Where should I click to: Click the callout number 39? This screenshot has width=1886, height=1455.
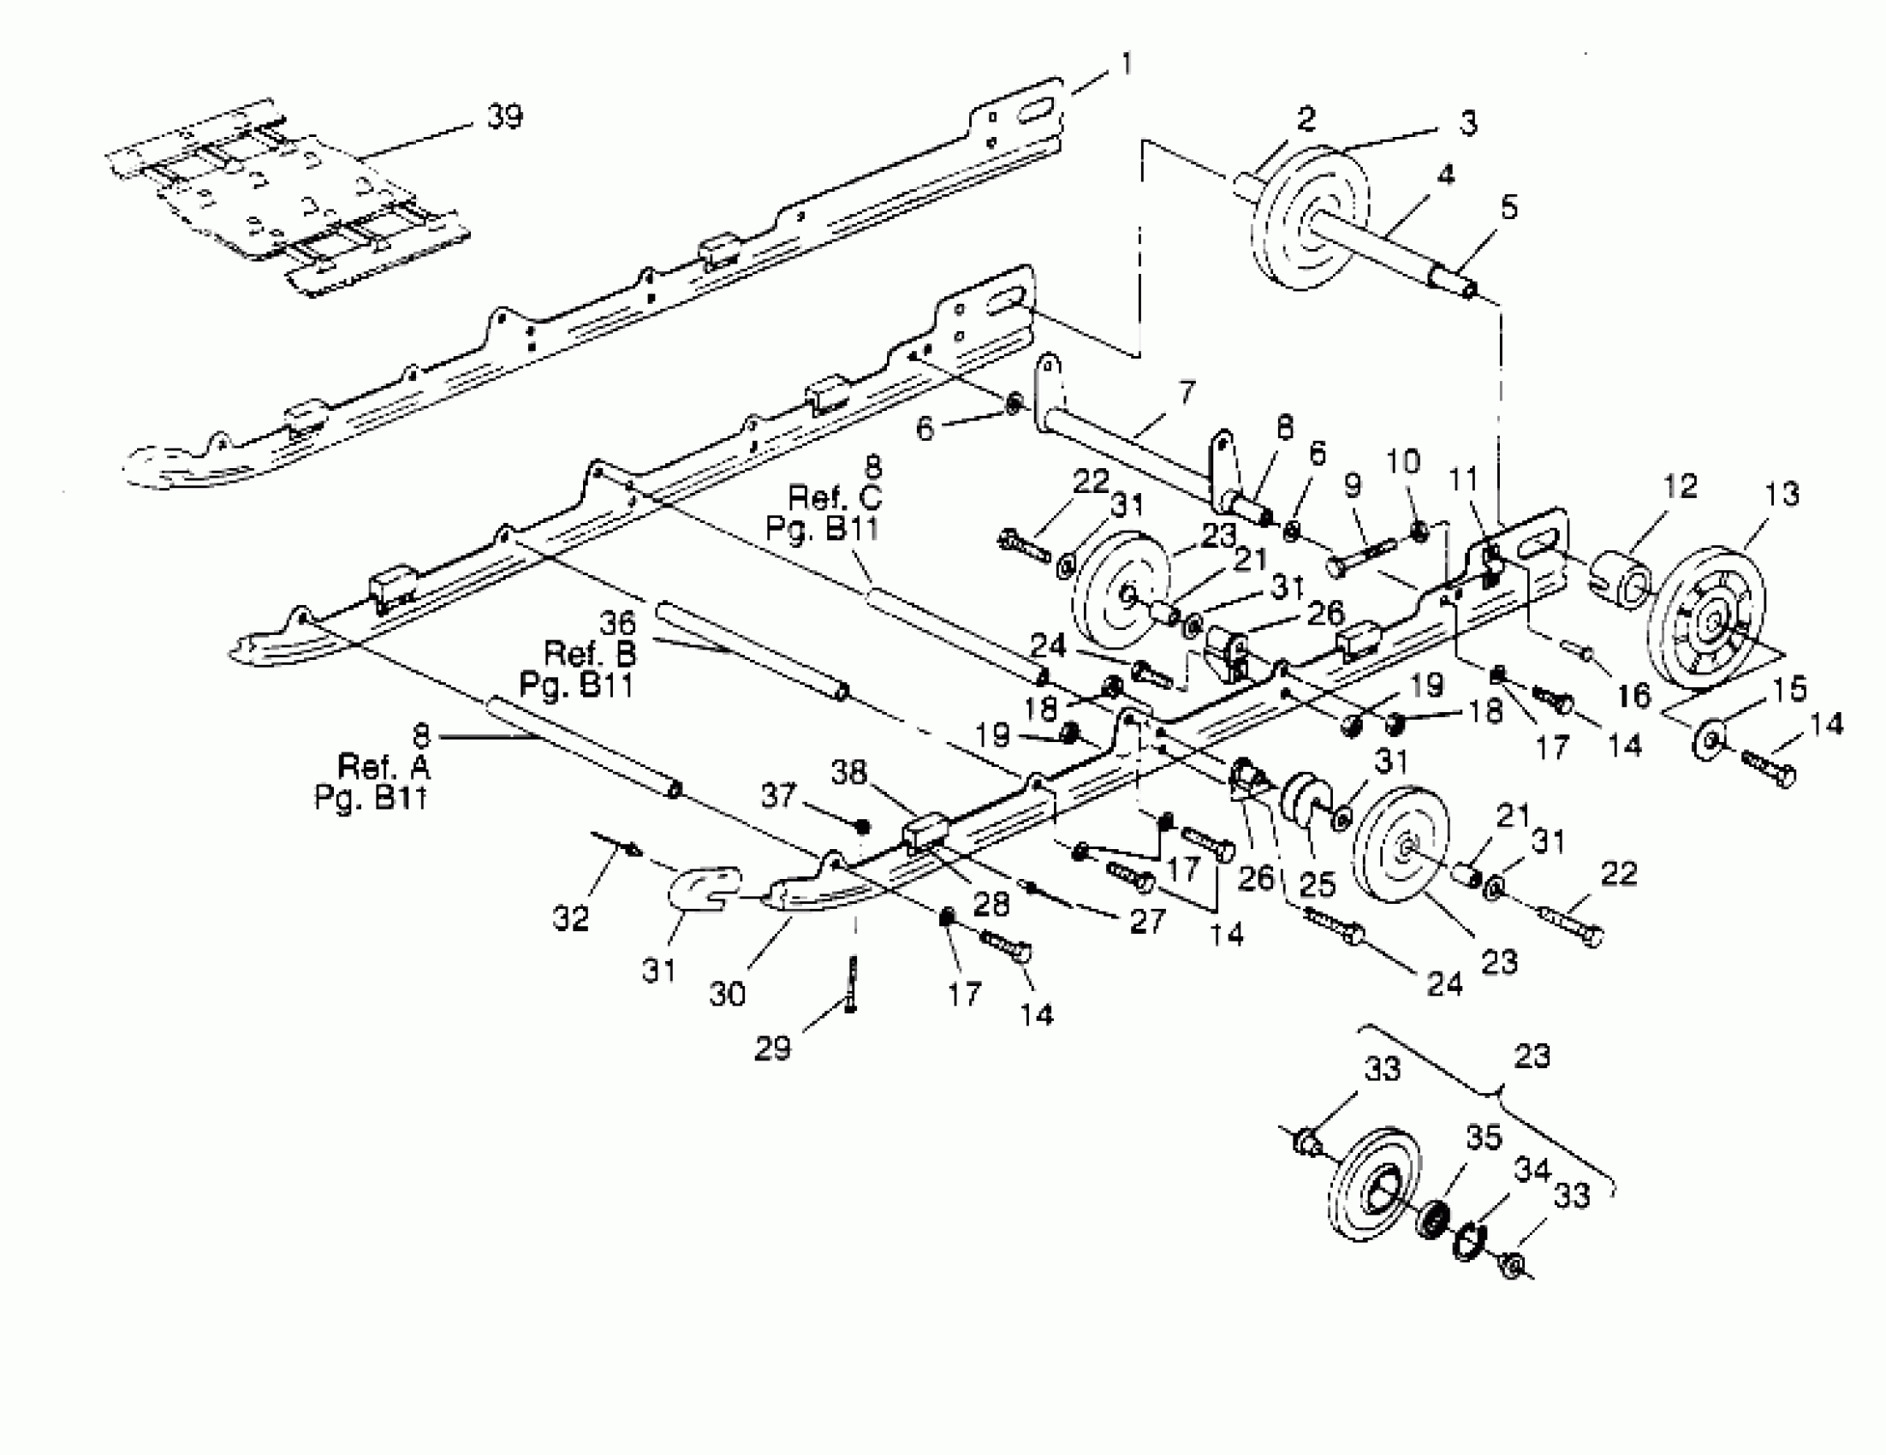point(504,116)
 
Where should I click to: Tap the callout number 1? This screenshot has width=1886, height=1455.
point(1126,64)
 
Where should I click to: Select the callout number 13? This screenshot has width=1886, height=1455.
point(1782,495)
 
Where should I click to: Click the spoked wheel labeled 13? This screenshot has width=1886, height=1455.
point(1705,615)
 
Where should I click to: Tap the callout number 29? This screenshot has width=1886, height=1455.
point(772,1048)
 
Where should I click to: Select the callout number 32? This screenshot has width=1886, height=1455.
point(570,918)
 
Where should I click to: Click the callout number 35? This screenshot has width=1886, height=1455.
point(1484,1137)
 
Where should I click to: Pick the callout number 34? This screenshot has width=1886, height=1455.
point(1532,1170)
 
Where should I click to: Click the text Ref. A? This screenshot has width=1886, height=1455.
point(383,766)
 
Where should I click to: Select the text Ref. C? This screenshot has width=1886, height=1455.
point(834,496)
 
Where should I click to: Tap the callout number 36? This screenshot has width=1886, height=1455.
point(616,621)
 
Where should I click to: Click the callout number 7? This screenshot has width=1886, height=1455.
point(1187,393)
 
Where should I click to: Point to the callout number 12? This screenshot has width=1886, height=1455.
point(1680,486)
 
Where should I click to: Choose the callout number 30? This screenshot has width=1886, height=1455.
point(727,994)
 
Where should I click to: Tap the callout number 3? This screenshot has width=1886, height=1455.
point(1468,123)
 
